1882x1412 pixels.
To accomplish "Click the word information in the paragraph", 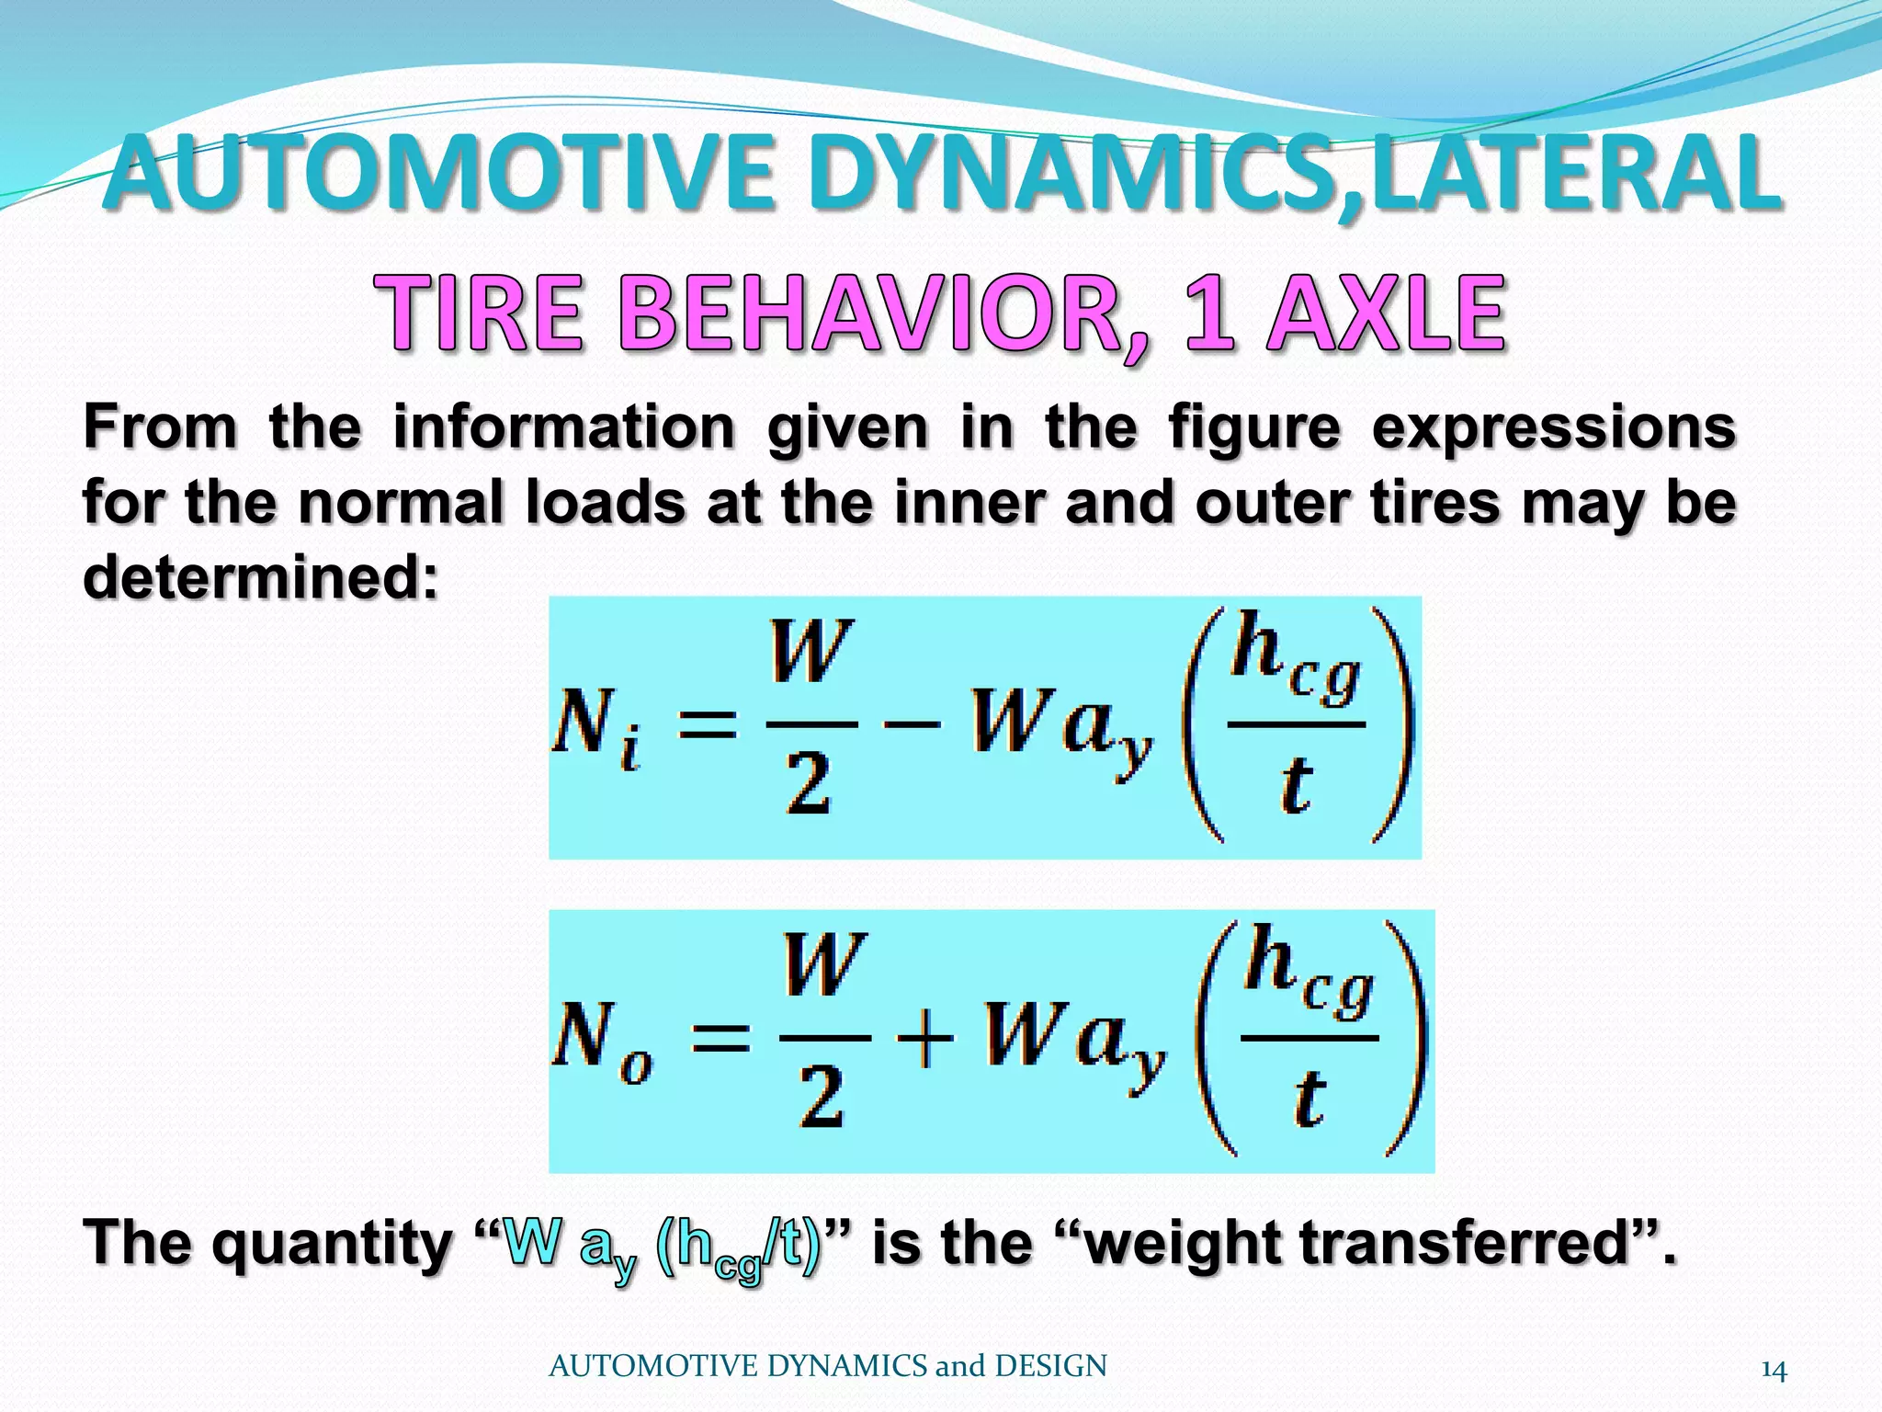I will pyautogui.click(x=563, y=428).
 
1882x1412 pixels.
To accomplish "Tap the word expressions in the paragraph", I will pyautogui.click(x=1552, y=428).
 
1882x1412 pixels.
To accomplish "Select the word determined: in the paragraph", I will pyautogui.click(x=261, y=577).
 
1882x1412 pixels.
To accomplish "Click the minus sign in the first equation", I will pyautogui.click(x=912, y=723).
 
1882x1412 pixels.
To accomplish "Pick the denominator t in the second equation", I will pyautogui.click(x=1309, y=1099).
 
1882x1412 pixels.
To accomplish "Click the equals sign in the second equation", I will pyautogui.click(x=720, y=1040).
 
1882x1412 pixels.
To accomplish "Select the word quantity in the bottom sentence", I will pyautogui.click(x=332, y=1243).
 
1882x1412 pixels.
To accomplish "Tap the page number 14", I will pyautogui.click(x=1774, y=1371).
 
